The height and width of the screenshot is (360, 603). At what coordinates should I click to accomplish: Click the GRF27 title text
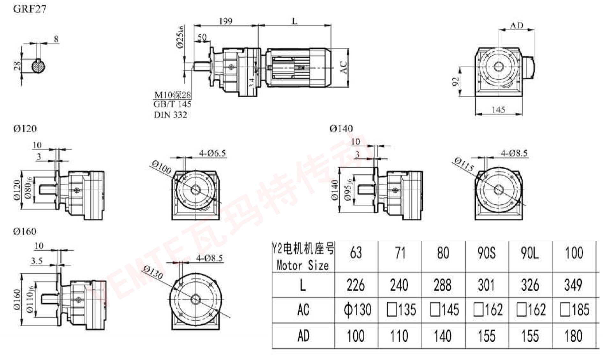pyautogui.click(x=29, y=9)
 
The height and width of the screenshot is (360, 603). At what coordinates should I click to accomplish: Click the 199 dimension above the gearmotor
pyautogui.click(x=225, y=21)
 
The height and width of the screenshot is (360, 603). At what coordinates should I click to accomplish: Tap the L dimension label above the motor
pyautogui.click(x=294, y=21)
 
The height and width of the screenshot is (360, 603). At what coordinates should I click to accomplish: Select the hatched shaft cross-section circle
pyautogui.click(x=39, y=67)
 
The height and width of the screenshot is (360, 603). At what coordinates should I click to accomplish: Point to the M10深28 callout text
pyautogui.click(x=172, y=95)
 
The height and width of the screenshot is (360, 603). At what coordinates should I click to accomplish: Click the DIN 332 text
pyautogui.click(x=170, y=115)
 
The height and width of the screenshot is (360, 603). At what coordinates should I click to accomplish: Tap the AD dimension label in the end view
pyautogui.click(x=517, y=26)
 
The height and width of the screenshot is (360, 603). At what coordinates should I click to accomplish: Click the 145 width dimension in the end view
pyautogui.click(x=498, y=110)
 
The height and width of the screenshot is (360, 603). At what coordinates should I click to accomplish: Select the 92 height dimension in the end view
pyautogui.click(x=456, y=82)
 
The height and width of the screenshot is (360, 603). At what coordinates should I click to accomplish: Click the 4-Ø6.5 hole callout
pyautogui.click(x=212, y=153)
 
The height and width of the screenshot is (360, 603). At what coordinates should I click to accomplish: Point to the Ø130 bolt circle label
pyautogui.click(x=153, y=272)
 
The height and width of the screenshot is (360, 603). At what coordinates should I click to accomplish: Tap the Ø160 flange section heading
pyautogui.click(x=25, y=231)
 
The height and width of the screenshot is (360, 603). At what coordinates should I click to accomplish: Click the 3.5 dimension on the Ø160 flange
pyautogui.click(x=37, y=261)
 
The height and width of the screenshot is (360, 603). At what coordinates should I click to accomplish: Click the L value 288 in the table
pyautogui.click(x=443, y=285)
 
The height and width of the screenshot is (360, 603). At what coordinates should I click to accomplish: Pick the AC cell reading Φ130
pyautogui.click(x=357, y=310)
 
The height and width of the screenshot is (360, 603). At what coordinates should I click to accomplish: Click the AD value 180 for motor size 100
pyautogui.click(x=573, y=336)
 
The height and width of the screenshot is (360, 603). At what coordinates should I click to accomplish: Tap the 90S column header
pyautogui.click(x=486, y=253)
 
